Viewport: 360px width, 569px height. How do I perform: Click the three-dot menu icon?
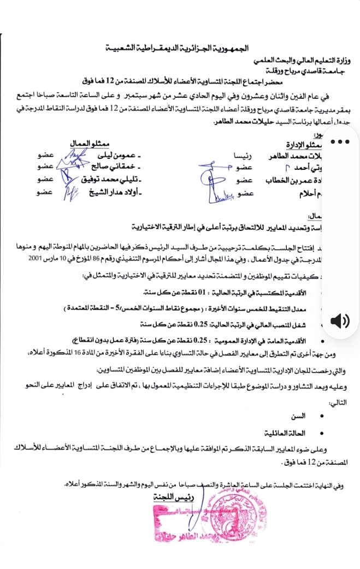click(343, 141)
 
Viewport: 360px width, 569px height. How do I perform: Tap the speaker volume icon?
click(339, 321)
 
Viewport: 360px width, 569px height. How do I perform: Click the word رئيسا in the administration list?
click(241, 155)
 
